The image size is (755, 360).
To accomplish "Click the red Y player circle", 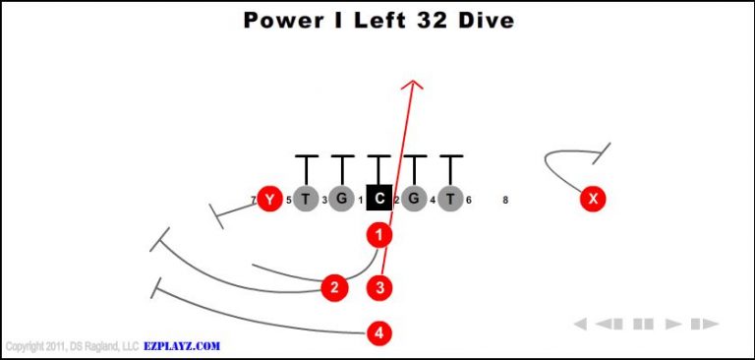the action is pos(267,200).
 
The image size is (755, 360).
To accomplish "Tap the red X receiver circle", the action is pos(592,200).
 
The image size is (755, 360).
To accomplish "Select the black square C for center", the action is pos(379,200).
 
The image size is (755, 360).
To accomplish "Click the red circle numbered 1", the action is pos(379,235).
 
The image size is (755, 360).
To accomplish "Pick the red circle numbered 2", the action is pos(335,287).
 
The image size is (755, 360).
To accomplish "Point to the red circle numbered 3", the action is pos(380,287).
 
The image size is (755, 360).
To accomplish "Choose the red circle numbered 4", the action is pos(379,333).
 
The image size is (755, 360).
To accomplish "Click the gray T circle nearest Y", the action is pos(306,200).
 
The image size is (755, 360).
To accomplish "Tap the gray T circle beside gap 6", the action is pos(450,200).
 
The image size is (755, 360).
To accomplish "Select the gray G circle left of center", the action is pos(341,200).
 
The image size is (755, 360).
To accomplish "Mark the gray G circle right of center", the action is pos(414,200).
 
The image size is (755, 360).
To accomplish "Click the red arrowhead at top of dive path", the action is pos(413,87).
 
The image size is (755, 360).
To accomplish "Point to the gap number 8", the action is pos(505,201).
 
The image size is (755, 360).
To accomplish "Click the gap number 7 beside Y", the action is pos(253,201).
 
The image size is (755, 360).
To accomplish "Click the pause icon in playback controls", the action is pos(644,324).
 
